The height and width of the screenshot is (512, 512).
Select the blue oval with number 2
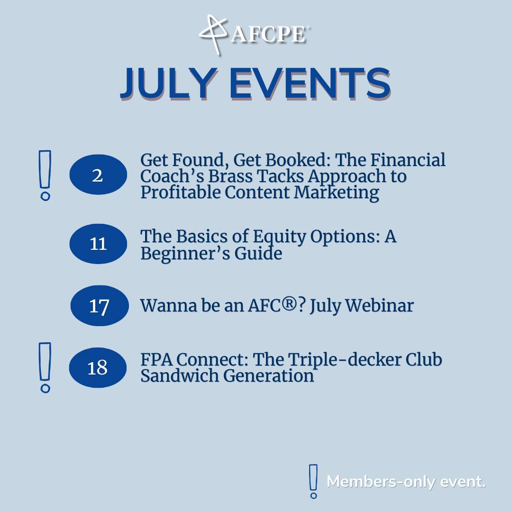pyautogui.click(x=98, y=175)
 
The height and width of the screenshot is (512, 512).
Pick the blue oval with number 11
pyautogui.click(x=98, y=244)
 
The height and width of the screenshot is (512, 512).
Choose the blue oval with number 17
pyautogui.click(x=100, y=306)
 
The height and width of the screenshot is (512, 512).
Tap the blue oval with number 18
pyautogui.click(x=98, y=367)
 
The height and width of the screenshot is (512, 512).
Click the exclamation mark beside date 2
pyautogui.click(x=45, y=175)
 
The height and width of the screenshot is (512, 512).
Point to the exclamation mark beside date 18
pyautogui.click(x=45, y=367)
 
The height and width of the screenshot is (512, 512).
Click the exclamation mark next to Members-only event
pyautogui.click(x=313, y=481)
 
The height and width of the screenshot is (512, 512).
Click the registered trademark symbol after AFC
pyautogui.click(x=295, y=305)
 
